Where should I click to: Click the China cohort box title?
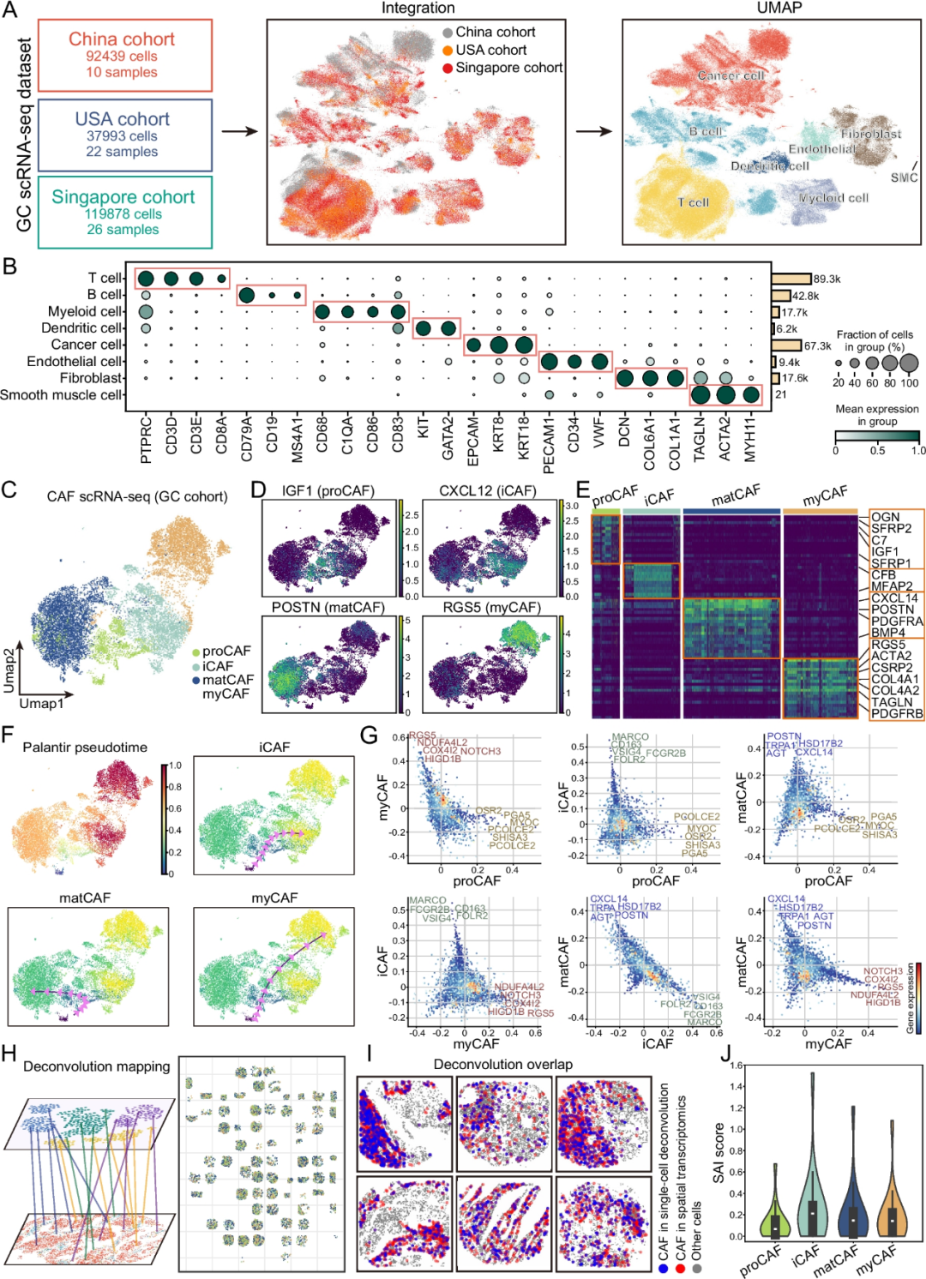tap(122, 39)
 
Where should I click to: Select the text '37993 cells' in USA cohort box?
tap(122, 135)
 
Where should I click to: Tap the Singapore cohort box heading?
tap(123, 197)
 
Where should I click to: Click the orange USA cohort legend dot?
tap(448, 51)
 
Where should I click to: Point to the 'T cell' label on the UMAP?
tap(693, 202)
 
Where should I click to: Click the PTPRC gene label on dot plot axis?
tap(146, 440)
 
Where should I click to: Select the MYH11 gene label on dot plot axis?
tap(751, 440)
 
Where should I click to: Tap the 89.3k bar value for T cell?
tap(827, 279)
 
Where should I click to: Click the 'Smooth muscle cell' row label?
tap(62, 395)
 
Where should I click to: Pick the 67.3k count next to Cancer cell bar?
tap(818, 345)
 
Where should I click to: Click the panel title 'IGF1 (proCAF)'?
tap(328, 491)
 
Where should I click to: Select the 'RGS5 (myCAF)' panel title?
tap(491, 608)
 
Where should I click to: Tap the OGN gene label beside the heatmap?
tap(885, 517)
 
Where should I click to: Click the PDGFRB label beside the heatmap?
tap(897, 713)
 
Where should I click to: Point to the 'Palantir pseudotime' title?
tap(85, 748)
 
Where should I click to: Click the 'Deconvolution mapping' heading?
tap(96, 1066)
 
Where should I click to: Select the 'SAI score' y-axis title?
tap(719, 1153)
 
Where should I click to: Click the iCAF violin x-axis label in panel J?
tap(806, 1256)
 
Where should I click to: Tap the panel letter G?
tap(369, 736)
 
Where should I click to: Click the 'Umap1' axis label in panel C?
tap(41, 703)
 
